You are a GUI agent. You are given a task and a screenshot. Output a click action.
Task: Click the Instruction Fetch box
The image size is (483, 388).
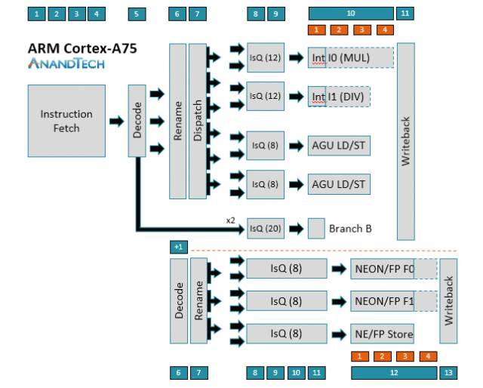[66, 121]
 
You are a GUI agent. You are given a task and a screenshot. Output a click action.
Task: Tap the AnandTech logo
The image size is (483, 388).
[66, 64]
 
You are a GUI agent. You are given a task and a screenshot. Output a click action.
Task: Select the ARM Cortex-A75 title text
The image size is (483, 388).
[83, 49]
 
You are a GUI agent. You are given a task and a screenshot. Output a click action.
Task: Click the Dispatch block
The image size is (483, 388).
[197, 121]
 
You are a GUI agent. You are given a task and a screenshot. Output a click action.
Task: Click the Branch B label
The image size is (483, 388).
[350, 228]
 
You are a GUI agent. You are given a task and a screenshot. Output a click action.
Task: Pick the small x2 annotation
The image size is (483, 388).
[231, 220]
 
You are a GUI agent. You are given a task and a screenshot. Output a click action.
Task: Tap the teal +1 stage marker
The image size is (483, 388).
[179, 247]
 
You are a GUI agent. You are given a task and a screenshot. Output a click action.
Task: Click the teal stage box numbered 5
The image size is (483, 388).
[137, 14]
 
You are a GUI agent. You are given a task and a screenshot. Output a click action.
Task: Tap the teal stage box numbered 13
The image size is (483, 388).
[449, 372]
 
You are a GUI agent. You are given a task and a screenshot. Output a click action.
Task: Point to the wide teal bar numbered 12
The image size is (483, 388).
[393, 372]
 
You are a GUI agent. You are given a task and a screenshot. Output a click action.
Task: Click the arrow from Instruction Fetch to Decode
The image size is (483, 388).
[117, 121]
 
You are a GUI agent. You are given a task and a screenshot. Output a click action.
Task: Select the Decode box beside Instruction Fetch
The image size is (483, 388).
[137, 121]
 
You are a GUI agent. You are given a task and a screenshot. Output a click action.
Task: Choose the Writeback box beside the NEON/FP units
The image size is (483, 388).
[449, 300]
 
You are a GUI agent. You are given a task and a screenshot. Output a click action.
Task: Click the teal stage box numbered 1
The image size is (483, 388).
[36, 14]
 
